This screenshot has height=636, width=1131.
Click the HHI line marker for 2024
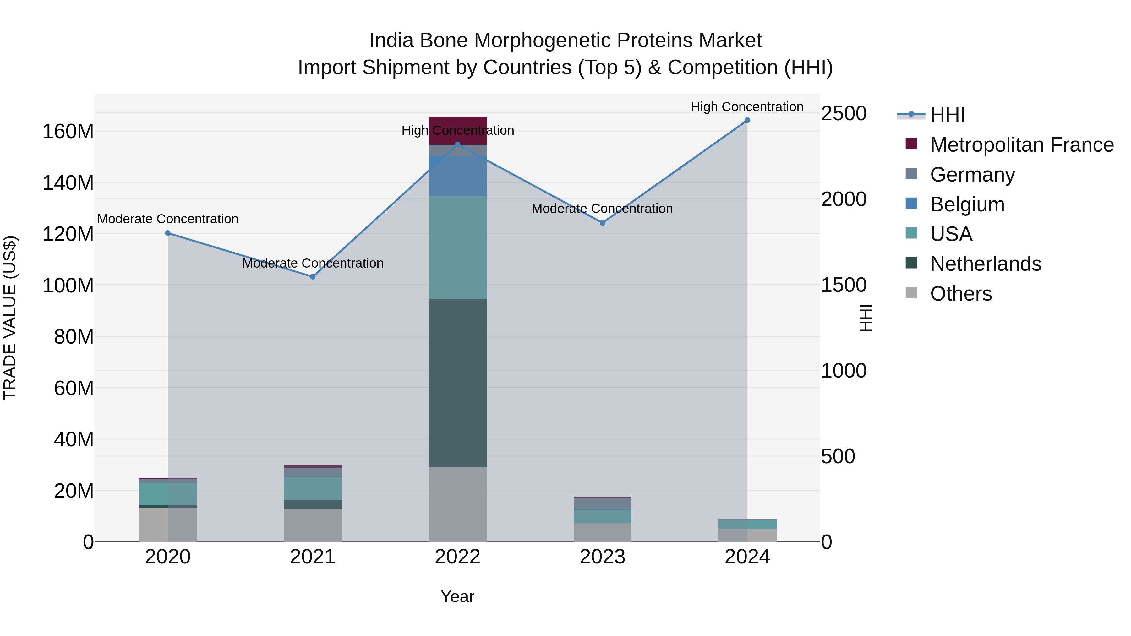(747, 120)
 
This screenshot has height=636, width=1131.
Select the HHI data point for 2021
(313, 276)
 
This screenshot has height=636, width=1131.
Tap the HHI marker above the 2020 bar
(168, 233)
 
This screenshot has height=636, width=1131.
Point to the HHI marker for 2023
(602, 223)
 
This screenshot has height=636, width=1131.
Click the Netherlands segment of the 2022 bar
(457, 383)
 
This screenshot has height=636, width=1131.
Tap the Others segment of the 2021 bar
(313, 525)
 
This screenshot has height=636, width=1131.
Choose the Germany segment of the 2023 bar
(602, 503)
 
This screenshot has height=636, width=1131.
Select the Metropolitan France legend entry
(1021, 145)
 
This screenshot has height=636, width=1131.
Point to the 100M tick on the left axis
(68, 285)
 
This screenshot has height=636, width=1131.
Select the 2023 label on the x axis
(602, 557)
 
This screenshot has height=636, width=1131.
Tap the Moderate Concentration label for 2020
(168, 219)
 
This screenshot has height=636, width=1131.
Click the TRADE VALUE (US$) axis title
(10, 318)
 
